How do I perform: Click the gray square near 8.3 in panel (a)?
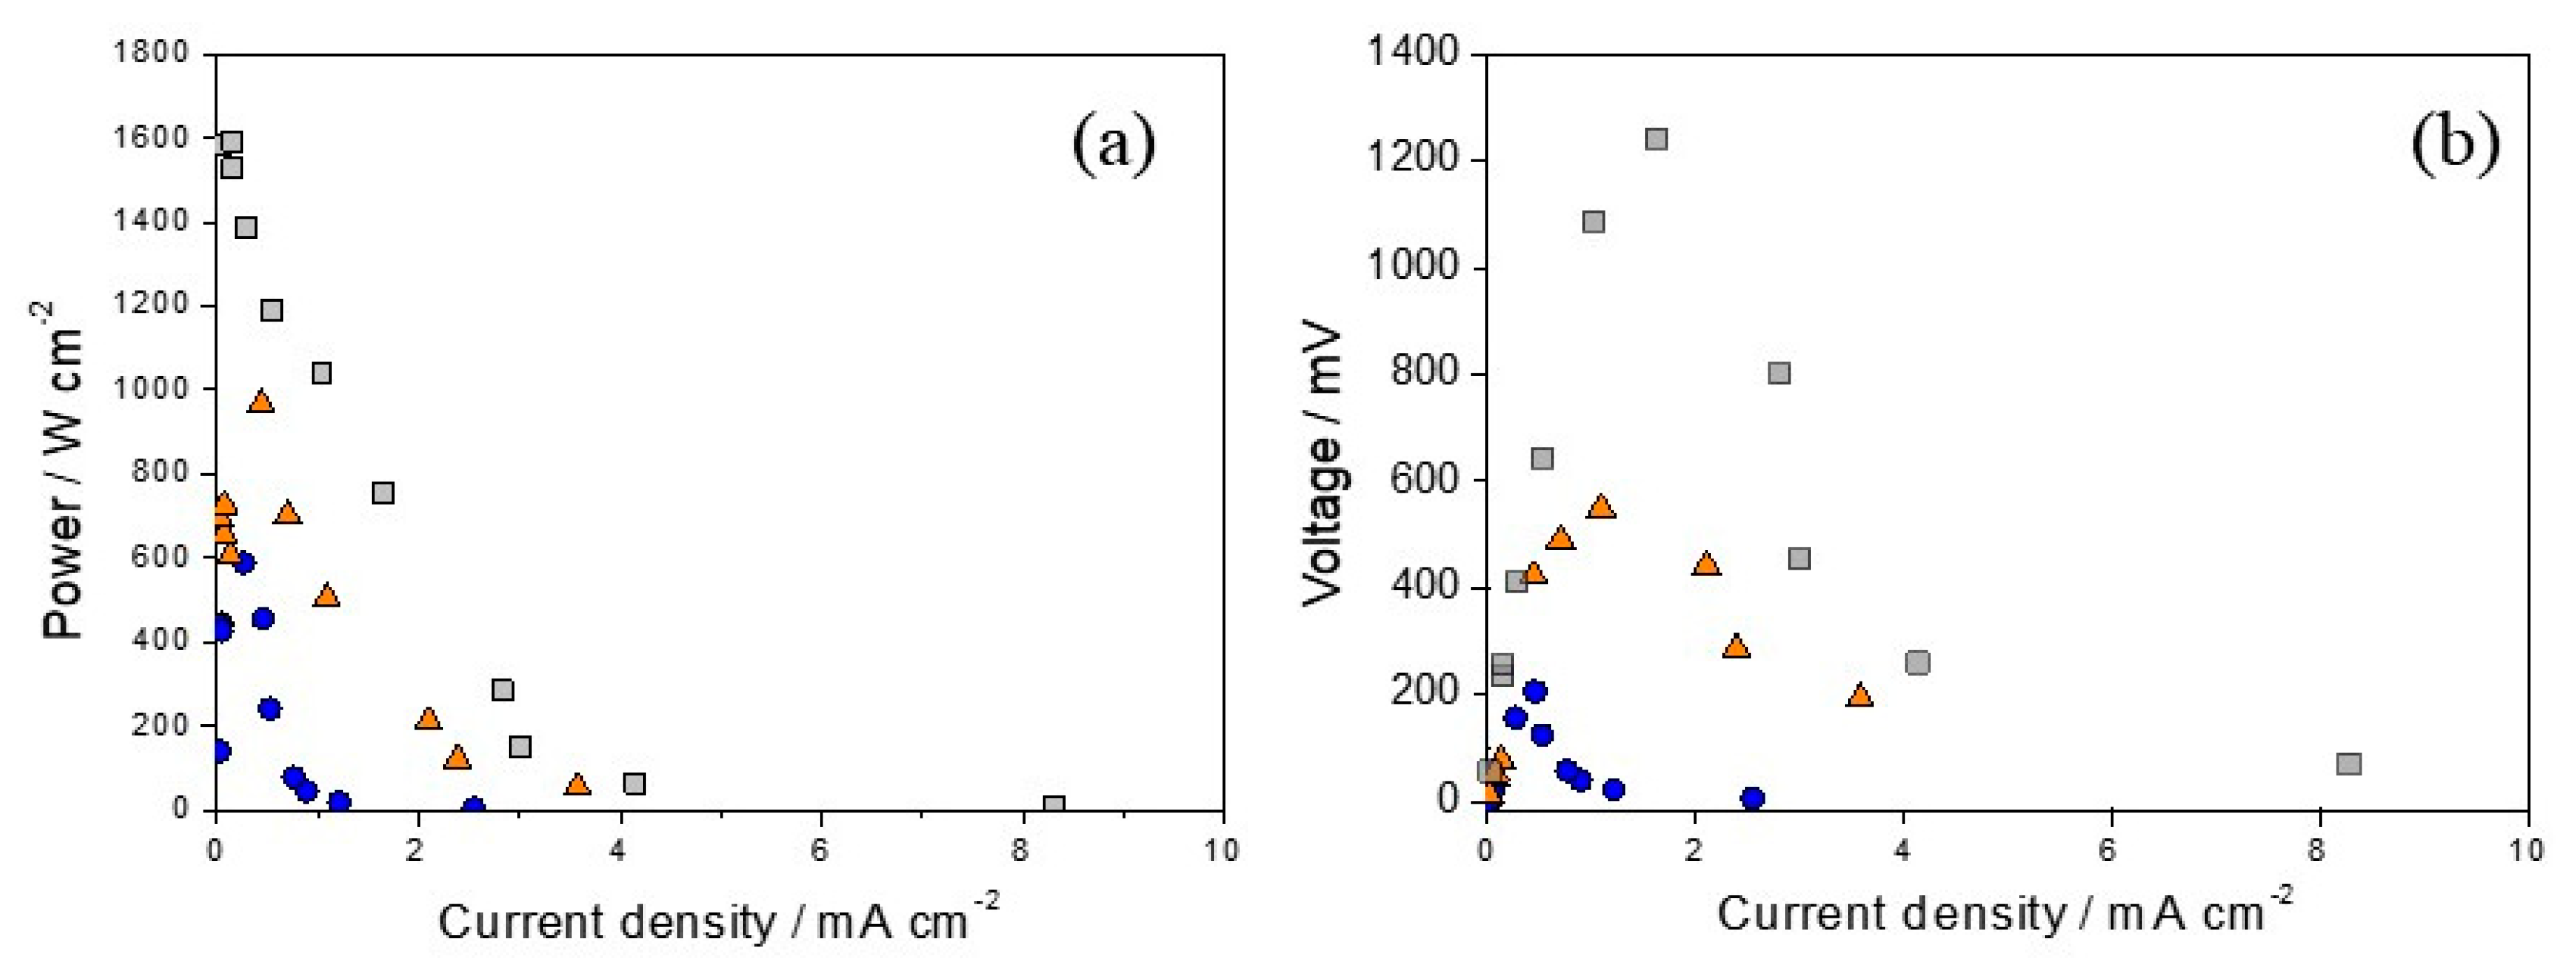point(1053,805)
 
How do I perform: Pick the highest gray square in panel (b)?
point(1656,139)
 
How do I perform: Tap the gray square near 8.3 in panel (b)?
point(2348,764)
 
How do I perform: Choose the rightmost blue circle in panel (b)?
point(1752,798)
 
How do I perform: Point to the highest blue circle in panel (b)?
point(1536,691)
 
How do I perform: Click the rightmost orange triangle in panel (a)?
point(577,784)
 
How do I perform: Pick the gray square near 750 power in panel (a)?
point(382,493)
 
